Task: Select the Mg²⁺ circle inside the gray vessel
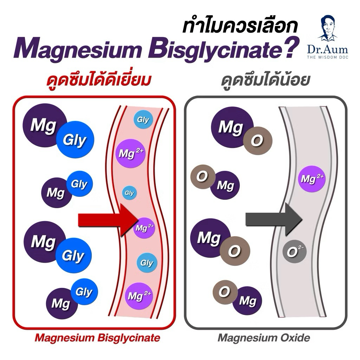[312, 179]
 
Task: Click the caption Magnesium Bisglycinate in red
[97, 338]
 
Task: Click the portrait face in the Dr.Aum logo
[328, 27]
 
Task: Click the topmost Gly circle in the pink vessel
[143, 120]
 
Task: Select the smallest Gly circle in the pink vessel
[129, 193]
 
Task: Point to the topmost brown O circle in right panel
[258, 141]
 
